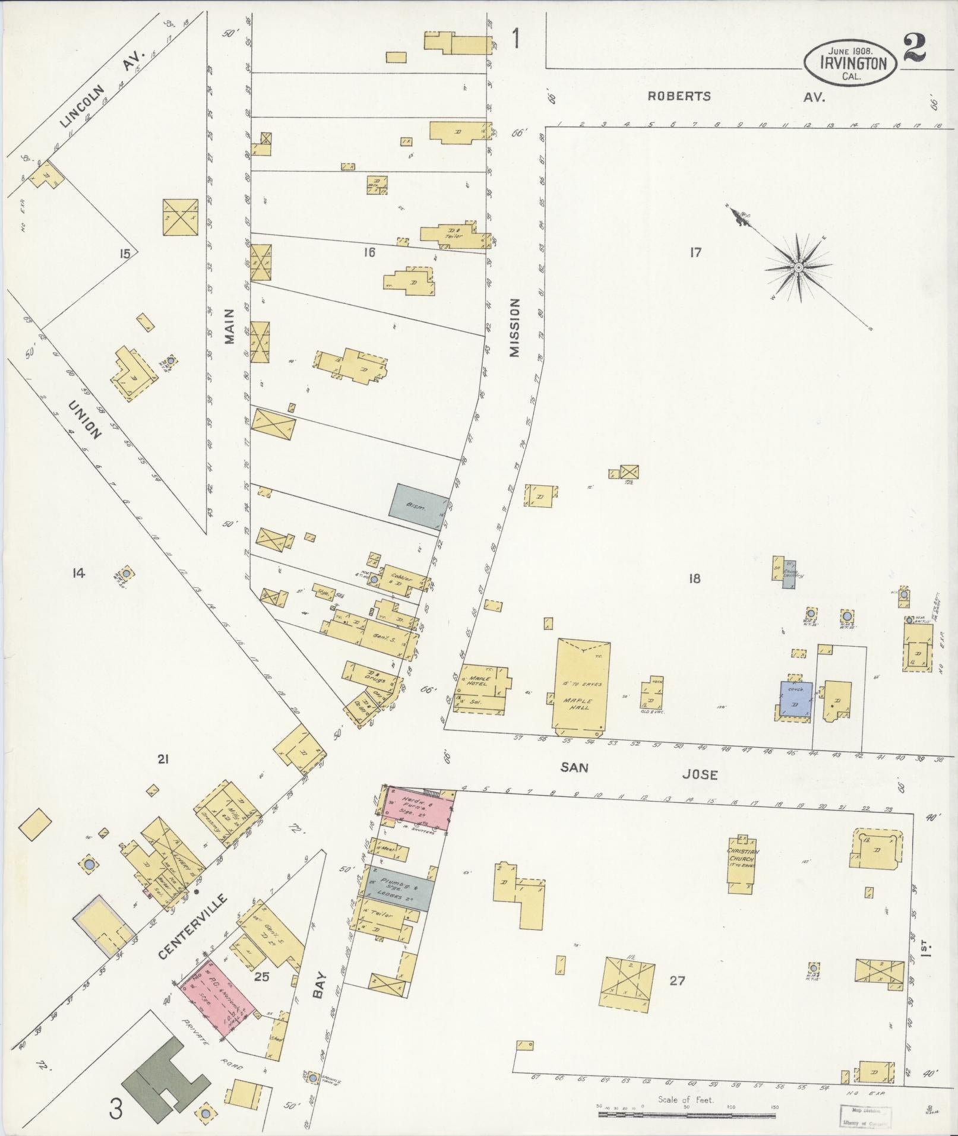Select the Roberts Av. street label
click(678, 96)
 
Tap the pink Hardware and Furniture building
click(418, 807)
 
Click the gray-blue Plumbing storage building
click(396, 888)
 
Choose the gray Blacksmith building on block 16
click(419, 507)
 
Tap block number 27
click(677, 980)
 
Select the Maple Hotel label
click(479, 681)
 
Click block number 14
click(78, 572)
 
